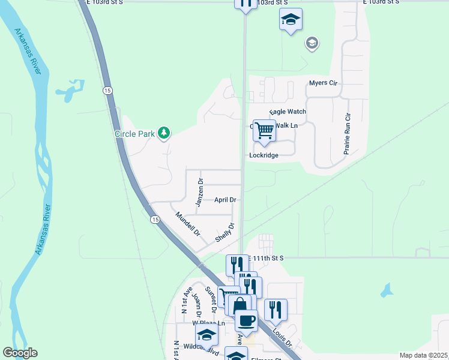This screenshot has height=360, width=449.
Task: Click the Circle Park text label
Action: click(x=135, y=133)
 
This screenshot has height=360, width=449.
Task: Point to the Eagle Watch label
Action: click(x=288, y=112)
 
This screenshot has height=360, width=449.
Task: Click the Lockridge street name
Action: click(x=264, y=155)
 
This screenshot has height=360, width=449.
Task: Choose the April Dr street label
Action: click(x=225, y=200)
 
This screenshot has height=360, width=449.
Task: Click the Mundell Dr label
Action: click(x=187, y=223)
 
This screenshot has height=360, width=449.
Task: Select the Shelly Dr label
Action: click(x=224, y=233)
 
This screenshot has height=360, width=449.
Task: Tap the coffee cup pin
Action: click(x=246, y=320)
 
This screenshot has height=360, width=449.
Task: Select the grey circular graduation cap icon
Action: click(x=312, y=43)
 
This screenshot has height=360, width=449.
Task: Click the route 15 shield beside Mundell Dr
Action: click(x=155, y=220)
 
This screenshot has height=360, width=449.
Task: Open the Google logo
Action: click(x=20, y=353)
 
